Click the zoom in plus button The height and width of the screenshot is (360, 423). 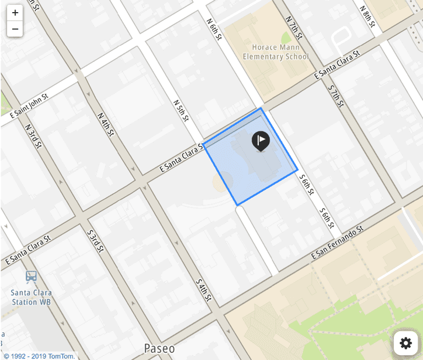point(15,13)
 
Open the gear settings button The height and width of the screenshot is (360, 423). point(406,343)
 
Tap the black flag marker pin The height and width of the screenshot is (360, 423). point(261,141)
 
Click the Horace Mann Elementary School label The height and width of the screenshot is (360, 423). point(276,52)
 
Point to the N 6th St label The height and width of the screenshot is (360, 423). point(214,29)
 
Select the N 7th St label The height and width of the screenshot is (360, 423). point(294,26)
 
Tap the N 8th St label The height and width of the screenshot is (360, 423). point(367,17)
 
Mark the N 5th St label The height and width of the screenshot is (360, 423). point(181,111)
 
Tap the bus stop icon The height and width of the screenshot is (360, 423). point(31,277)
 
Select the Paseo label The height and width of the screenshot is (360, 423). point(159,348)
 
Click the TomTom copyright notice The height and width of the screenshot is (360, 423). point(38,356)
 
